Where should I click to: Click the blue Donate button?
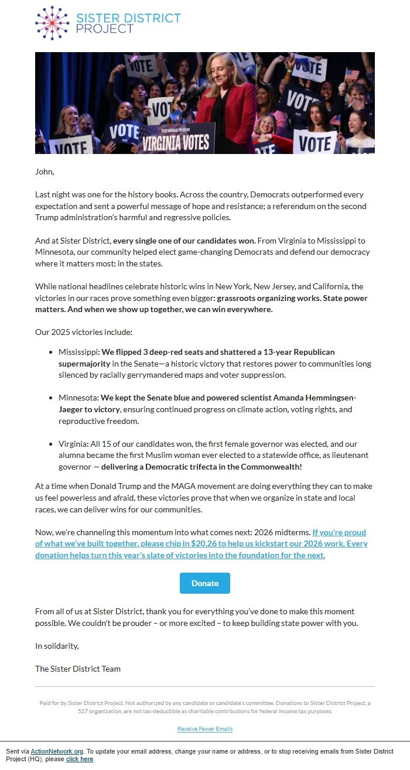pos(204,583)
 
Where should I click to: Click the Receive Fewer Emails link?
pos(205,729)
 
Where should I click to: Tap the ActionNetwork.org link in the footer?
pos(57,751)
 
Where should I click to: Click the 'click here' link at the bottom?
pos(80,759)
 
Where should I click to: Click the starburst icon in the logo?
pos(52,23)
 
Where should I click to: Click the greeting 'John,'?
pos(45,172)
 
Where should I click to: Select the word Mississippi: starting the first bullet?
pos(79,352)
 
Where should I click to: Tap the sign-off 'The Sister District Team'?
pos(78,668)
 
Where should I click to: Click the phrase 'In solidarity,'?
pos(57,646)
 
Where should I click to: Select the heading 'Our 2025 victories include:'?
pos(84,332)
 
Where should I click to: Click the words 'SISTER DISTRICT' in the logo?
pos(128,18)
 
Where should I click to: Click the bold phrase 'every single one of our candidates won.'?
pos(184,241)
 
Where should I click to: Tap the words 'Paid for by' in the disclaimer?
pos(52,703)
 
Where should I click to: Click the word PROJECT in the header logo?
pos(105,29)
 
